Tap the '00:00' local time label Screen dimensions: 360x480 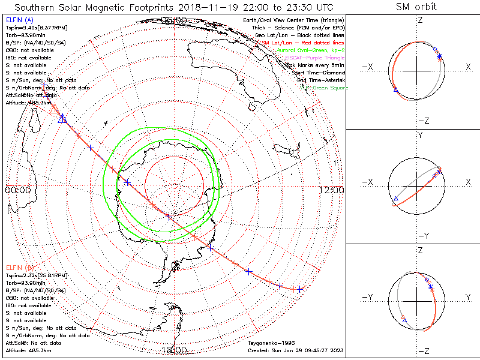(17, 190)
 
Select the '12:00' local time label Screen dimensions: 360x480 (332, 190)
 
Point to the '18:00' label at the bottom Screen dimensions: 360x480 (174, 350)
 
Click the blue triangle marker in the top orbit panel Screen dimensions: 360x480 (395, 89)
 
